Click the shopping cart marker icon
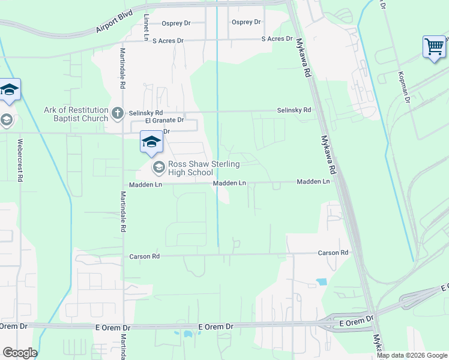coord(434,46)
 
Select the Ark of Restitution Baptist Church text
coord(76,114)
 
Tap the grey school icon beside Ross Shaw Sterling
coord(158,166)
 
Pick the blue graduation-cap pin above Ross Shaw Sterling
coord(151,142)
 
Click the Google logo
coord(19,353)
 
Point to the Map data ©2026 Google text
coord(412,355)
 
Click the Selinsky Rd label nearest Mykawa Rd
coord(294,110)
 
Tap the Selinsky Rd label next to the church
coord(146,112)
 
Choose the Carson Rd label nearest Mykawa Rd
coord(333,253)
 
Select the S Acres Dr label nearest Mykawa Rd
coord(277,39)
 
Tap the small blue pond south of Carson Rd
coord(321,281)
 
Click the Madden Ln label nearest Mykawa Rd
coord(313,181)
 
